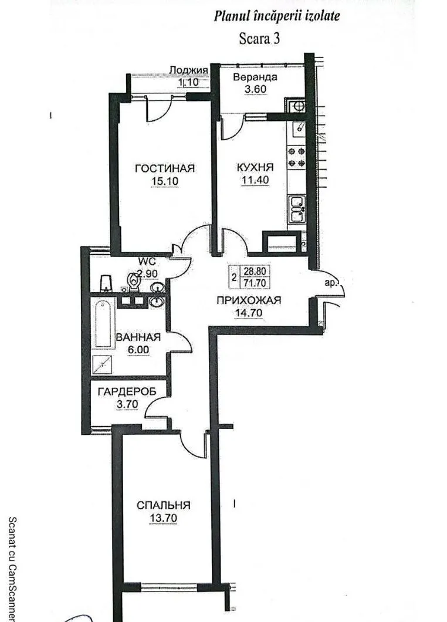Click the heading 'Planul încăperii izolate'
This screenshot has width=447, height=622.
[x=277, y=16]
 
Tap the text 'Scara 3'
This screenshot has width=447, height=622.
[x=259, y=39]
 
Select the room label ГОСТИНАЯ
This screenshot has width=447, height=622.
[x=165, y=168]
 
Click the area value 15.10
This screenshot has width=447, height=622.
[x=165, y=181]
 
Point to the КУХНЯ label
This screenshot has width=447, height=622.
[x=255, y=167]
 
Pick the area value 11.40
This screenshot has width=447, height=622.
[x=255, y=180]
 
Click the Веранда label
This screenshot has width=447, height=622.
[x=255, y=77]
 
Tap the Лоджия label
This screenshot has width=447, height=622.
[x=189, y=70]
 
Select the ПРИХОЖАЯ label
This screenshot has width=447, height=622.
[x=249, y=300]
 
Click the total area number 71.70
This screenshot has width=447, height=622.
[x=255, y=282]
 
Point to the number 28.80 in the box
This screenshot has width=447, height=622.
[x=255, y=272]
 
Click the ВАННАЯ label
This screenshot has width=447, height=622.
[x=138, y=337]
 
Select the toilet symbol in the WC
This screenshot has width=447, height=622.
[x=134, y=282]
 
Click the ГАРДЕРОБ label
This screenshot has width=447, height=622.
[x=127, y=392]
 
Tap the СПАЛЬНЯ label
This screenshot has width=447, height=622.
[x=164, y=505]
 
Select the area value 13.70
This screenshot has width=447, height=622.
[x=164, y=518]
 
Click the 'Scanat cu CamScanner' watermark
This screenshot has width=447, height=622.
[x=12, y=569]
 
